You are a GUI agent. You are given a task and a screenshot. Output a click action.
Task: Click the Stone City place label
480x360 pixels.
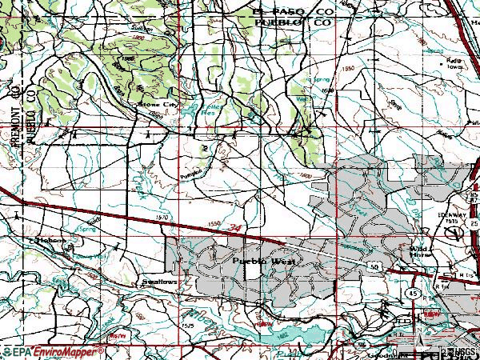coord(156,105)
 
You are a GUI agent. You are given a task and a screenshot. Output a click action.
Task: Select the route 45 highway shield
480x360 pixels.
coord(410,294)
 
